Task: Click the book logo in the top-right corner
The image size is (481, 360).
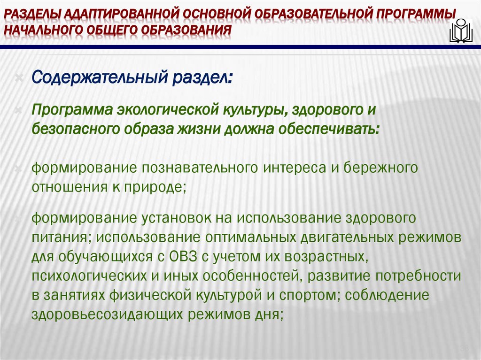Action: click(461, 30)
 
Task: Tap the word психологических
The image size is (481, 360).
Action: click(88, 275)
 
